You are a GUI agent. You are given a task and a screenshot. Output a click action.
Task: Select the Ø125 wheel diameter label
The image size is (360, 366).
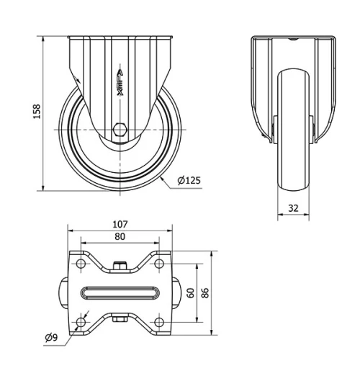[188, 180]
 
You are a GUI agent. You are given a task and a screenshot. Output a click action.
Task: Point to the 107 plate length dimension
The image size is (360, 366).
[120, 225]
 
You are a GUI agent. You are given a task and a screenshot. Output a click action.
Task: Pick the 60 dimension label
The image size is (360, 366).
[190, 293]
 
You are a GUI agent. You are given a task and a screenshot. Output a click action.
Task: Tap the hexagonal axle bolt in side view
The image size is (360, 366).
[120, 131]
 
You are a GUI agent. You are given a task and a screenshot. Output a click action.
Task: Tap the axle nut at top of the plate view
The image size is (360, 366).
[120, 265]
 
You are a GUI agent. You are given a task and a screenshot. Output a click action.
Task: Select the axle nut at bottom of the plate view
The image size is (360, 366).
[120, 319]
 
